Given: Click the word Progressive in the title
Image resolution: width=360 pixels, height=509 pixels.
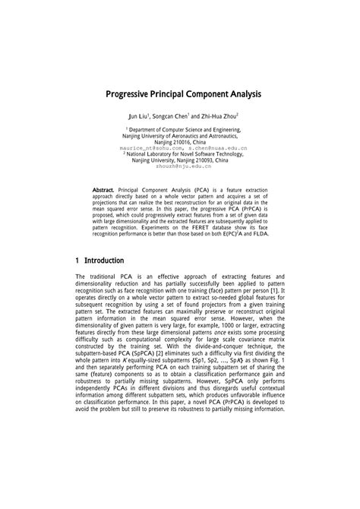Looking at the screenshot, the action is [x=132, y=94].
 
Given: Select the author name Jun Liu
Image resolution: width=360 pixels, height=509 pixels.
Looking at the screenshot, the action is [x=137, y=117].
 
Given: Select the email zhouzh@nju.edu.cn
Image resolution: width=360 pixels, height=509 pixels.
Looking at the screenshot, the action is [x=180, y=166].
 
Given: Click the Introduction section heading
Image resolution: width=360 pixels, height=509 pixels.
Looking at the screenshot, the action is [x=104, y=260].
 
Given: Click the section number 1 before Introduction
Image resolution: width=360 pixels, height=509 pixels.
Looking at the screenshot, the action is [x=78, y=260].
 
